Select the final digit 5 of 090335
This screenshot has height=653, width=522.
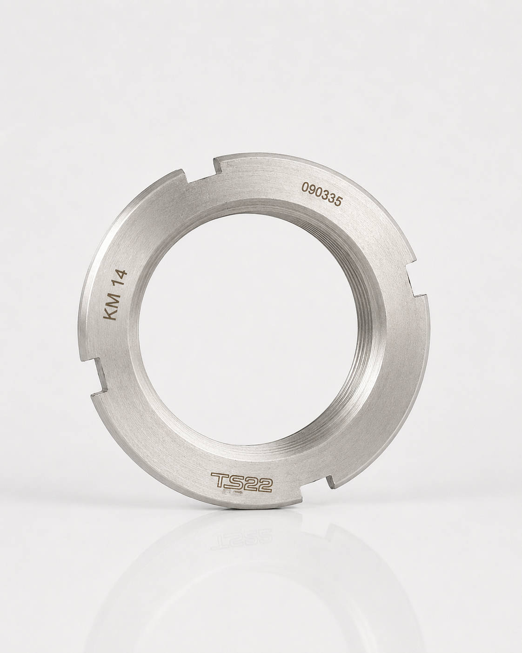pyautogui.click(x=338, y=202)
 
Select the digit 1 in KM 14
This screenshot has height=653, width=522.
pyautogui.click(x=118, y=283)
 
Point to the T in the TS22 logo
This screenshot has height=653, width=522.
pyautogui.click(x=219, y=489)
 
